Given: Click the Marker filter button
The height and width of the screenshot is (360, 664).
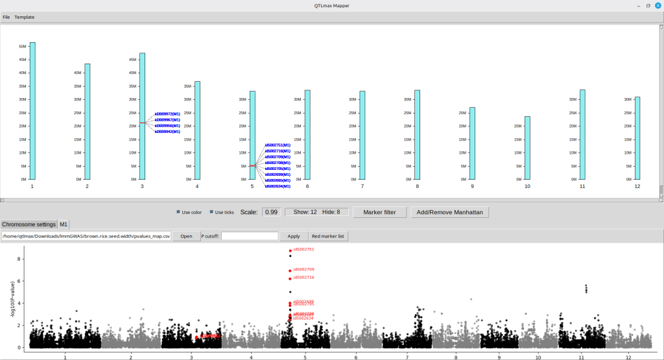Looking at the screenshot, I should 384,212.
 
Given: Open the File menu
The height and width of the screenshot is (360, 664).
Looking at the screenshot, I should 6,17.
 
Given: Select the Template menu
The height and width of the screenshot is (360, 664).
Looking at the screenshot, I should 25,17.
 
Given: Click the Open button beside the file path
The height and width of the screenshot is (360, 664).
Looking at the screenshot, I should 186,236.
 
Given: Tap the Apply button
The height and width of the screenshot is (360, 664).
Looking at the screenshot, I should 294,236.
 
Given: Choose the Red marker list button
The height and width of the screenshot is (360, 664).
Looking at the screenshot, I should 328,236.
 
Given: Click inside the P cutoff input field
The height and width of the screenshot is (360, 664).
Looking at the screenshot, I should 250,236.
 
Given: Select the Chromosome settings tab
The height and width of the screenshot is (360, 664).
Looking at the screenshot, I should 29,224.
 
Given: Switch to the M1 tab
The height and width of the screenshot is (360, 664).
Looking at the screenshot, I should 64,224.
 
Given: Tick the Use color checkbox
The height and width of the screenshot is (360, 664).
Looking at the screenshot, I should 179,212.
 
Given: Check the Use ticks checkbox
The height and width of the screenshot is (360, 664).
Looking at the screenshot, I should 211,212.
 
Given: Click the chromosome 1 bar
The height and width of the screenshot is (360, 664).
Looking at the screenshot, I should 32,110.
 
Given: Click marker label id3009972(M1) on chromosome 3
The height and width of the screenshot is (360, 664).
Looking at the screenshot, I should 167,114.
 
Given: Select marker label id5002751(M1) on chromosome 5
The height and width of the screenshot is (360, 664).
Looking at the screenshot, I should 277,145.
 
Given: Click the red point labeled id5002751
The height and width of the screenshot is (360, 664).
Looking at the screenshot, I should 290,250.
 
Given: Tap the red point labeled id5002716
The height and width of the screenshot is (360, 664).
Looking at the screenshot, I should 290,278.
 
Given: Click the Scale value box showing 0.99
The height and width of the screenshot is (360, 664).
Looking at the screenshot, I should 271,212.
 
